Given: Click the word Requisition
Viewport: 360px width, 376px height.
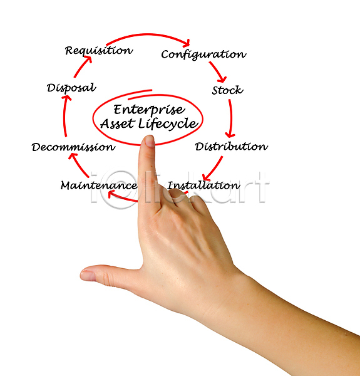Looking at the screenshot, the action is coord(99,51).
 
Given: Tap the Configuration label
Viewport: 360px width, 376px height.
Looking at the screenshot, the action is coord(203,54).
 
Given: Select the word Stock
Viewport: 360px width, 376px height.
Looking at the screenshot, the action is coord(227,90).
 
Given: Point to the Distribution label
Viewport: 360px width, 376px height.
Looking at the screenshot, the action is coord(231,146).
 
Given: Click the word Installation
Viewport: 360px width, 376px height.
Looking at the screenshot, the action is coord(203,185).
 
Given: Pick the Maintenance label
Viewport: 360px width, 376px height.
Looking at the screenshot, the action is coord(99,185).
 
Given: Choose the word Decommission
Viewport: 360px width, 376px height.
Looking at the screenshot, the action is coord(73,147).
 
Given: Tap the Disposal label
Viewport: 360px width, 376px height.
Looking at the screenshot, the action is coord(71,88).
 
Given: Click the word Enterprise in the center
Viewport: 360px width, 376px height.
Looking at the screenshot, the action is coord(149,110).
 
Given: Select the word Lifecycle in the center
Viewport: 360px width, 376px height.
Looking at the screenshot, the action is coord(168,123).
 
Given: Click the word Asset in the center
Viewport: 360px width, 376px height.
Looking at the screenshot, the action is coord(117,123).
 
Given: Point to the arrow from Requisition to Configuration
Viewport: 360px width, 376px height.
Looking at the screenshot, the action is coord(148,34).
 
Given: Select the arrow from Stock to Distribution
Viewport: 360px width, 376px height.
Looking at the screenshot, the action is coord(231,118).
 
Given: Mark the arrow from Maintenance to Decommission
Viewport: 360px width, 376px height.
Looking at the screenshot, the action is coord(79,165).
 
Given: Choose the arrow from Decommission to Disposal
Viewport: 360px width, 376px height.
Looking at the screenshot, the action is coord(64,116).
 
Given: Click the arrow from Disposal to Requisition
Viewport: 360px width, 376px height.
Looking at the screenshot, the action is coord(83,66).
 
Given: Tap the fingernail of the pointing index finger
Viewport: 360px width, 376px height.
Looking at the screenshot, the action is coord(150,142).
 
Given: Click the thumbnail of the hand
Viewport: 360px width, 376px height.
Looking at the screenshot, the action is coord(88,276).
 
